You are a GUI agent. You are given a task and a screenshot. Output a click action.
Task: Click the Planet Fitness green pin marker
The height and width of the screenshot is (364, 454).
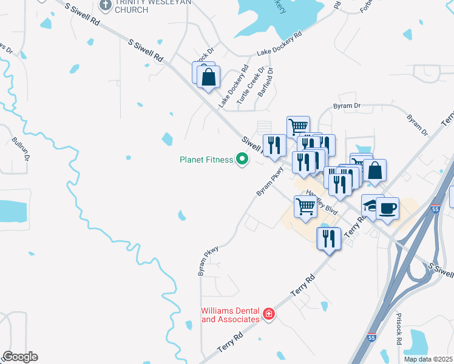pyautogui.click(x=242, y=160)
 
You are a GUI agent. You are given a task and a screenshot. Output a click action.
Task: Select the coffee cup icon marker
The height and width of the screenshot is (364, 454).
pyautogui.click(x=387, y=209)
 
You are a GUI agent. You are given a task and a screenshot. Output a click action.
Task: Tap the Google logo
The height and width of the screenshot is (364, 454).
pyautogui.click(x=20, y=357)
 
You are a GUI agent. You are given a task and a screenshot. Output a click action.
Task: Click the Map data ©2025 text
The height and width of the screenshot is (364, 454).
pyautogui.click(x=429, y=359)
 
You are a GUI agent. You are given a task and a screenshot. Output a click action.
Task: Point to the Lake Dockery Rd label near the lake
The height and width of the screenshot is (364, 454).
pyautogui.click(x=279, y=45)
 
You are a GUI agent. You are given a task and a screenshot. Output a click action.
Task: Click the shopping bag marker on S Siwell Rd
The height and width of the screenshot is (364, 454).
pyautogui.click(x=208, y=78)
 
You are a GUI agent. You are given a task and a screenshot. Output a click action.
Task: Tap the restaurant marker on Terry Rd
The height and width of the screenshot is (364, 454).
pyautogui.click(x=328, y=237)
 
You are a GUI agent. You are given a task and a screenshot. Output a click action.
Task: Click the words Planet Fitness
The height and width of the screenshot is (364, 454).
pyautogui.click(x=206, y=160)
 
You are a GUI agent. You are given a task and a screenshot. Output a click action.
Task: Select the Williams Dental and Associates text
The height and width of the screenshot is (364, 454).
pyautogui.click(x=230, y=315)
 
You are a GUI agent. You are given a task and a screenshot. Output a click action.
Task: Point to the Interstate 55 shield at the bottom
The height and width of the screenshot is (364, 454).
pyautogui.click(x=371, y=337)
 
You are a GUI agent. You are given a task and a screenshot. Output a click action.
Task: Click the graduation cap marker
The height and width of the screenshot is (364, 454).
pyautogui.click(x=370, y=204)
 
